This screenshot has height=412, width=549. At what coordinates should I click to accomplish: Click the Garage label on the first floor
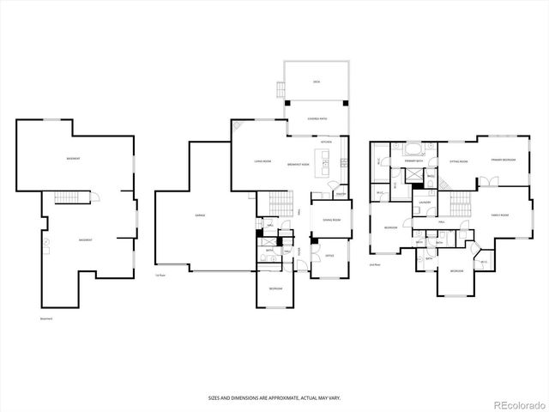(x=199, y=215)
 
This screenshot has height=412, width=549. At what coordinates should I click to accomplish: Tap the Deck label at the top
(x=316, y=82)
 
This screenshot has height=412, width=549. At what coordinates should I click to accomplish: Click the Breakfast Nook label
(x=299, y=162)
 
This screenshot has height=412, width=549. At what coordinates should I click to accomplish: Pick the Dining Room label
(x=331, y=221)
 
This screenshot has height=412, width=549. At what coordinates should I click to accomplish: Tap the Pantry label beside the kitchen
(x=341, y=194)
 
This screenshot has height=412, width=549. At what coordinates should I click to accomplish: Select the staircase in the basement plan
(x=67, y=199)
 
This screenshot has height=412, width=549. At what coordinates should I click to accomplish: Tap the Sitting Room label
(x=458, y=161)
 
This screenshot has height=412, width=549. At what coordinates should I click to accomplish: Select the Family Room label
(x=499, y=215)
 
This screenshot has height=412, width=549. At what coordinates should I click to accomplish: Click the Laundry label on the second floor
(x=424, y=203)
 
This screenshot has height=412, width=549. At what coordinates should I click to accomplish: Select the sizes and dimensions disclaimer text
(x=274, y=397)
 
